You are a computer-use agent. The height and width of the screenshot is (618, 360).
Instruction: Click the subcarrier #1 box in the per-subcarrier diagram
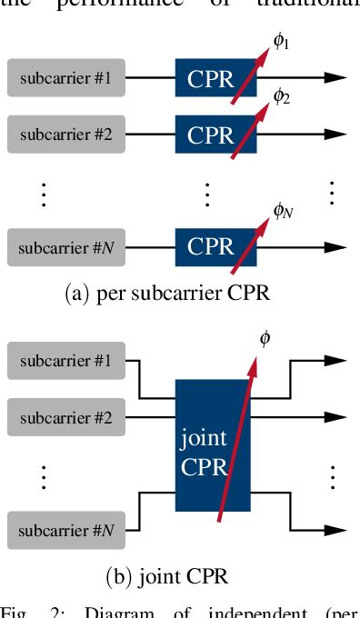(x=65, y=78)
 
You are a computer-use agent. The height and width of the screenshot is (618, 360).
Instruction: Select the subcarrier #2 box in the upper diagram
(x=65, y=135)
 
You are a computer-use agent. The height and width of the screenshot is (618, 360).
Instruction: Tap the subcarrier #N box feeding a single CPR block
(x=65, y=246)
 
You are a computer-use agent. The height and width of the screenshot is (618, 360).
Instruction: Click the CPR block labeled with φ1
(x=210, y=78)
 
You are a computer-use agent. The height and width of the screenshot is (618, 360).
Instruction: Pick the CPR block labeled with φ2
(x=210, y=135)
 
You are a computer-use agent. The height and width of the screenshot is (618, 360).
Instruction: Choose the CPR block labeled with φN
(x=210, y=246)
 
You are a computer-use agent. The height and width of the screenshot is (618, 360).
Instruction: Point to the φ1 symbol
(x=283, y=39)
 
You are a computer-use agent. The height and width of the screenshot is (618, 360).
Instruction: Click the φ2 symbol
(x=283, y=95)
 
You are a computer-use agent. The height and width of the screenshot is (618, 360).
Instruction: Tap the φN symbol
(x=284, y=210)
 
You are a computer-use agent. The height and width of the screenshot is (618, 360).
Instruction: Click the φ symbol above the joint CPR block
(x=265, y=339)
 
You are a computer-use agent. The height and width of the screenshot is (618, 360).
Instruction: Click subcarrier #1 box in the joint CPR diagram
(x=65, y=361)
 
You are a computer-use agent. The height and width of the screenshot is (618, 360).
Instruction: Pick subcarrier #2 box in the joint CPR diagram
(x=65, y=418)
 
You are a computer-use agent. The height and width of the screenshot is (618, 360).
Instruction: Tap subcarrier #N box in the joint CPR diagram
(x=65, y=530)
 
